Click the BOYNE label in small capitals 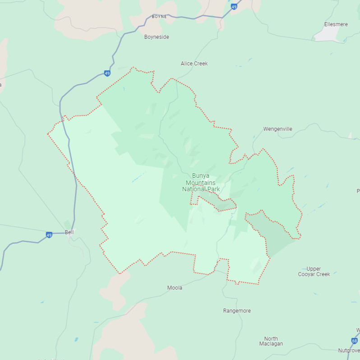pyautogui.click(x=159, y=17)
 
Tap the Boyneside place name pyautogui.click(x=157, y=37)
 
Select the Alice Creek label pyautogui.click(x=194, y=64)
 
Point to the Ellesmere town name pyautogui.click(x=336, y=24)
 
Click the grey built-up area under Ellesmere pyautogui.click(x=327, y=35)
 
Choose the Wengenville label pyautogui.click(x=278, y=129)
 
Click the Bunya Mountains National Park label pyautogui.click(x=201, y=182)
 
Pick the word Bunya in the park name pyautogui.click(x=201, y=175)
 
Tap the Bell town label pyautogui.click(x=69, y=232)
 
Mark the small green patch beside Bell pyautogui.click(x=68, y=224)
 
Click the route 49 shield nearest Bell pyautogui.click(x=49, y=235)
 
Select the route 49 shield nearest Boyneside pyautogui.click(x=106, y=73)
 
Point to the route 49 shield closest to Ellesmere pyautogui.click(x=234, y=7)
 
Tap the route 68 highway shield pyautogui.click(x=354, y=341)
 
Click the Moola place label pyautogui.click(x=175, y=288)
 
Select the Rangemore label pyautogui.click(x=237, y=311)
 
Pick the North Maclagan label pyautogui.click(x=271, y=342)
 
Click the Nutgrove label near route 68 pyautogui.click(x=349, y=351)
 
